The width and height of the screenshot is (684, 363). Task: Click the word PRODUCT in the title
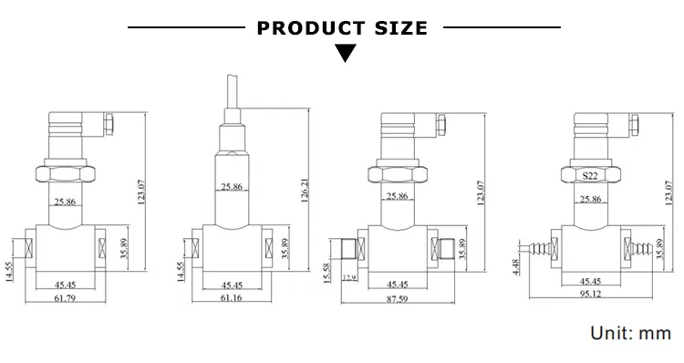[311, 28]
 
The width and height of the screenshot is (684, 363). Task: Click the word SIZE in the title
[401, 28]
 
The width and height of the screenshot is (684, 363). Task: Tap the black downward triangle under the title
[346, 53]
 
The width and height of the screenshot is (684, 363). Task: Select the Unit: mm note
[631, 333]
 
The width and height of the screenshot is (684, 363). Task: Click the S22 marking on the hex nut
[590, 176]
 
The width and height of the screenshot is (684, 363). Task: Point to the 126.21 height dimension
[305, 191]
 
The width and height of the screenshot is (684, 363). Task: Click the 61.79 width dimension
[65, 298]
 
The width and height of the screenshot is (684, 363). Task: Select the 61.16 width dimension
[232, 298]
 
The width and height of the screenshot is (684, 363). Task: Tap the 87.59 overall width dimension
[398, 299]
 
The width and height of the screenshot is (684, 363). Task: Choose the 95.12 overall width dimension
[590, 294]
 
